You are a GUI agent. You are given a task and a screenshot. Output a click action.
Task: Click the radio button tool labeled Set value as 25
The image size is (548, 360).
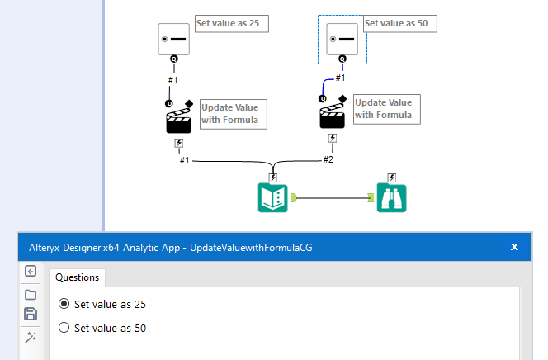[174, 39]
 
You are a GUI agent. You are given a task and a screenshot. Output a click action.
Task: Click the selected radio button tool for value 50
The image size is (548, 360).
[342, 39]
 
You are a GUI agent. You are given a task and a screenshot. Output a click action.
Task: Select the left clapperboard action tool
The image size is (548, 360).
[178, 121]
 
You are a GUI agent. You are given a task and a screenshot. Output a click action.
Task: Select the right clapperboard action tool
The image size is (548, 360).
[332, 116]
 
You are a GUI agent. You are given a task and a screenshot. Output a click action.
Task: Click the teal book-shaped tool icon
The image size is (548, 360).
[272, 198]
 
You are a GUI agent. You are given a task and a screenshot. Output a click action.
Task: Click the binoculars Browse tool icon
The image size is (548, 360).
[392, 198]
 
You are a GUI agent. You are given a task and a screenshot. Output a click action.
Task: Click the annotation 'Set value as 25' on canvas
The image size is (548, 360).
[227, 23]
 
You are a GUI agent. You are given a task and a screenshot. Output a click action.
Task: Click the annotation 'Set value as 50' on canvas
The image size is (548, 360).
[395, 23]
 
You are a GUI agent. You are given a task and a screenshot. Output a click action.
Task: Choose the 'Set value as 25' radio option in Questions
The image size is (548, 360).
[64, 305]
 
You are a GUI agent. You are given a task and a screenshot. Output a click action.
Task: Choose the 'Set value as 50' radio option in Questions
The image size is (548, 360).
[64, 329]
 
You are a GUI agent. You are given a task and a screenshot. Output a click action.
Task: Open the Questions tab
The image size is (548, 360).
[77, 277]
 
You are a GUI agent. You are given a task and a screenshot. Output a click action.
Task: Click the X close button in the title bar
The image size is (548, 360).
[514, 247]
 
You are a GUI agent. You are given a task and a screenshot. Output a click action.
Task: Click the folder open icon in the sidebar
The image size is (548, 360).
[31, 294]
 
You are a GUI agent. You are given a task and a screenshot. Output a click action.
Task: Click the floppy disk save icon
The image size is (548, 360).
[31, 314]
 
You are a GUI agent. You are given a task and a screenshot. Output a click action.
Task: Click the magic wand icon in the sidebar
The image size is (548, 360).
[31, 337]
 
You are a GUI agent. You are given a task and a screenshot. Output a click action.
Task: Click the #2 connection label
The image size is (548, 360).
[328, 159]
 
